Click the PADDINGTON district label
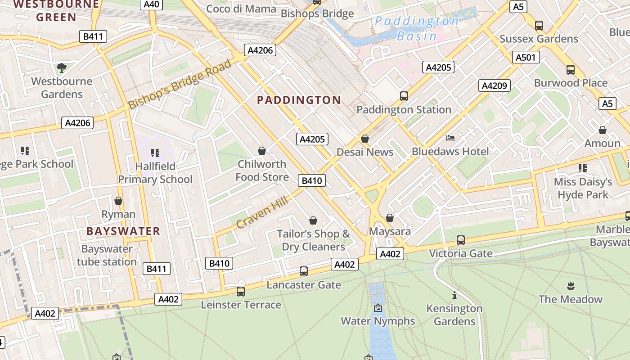pos(299,100)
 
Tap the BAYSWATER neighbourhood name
pos(123,231)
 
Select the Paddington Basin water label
pos(417,28)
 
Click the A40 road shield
pos(152,4)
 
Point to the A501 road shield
pos(526,57)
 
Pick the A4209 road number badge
pos(495,85)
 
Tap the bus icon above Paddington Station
pos(404,96)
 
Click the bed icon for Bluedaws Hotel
pos(450,138)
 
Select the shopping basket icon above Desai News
pos(365,139)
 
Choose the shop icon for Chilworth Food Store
pos(262,151)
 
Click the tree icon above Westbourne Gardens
pos(62,68)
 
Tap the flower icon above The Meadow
pos(571,286)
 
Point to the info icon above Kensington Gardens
pos(454,296)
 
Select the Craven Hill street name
pos(262,212)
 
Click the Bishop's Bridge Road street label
pos(180,84)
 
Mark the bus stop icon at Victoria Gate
pos(461,240)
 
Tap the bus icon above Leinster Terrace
pos(241,291)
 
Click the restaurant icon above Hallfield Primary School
pos(155,153)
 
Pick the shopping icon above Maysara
pos(390,218)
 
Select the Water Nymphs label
pos(378,321)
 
